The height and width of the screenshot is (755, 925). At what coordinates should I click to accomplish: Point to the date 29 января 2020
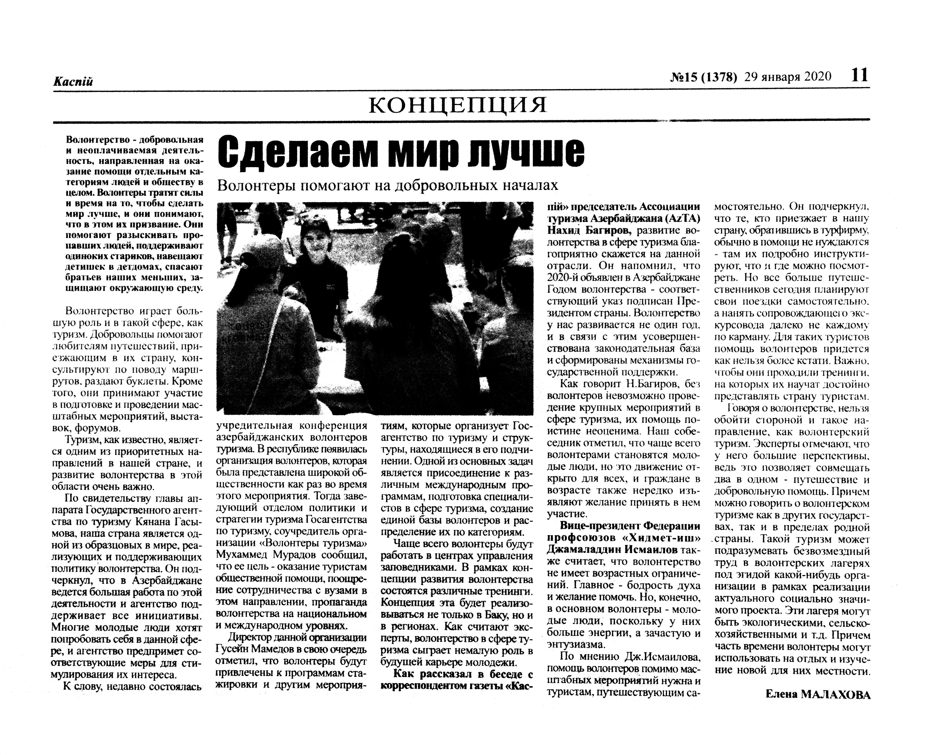(788, 77)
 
